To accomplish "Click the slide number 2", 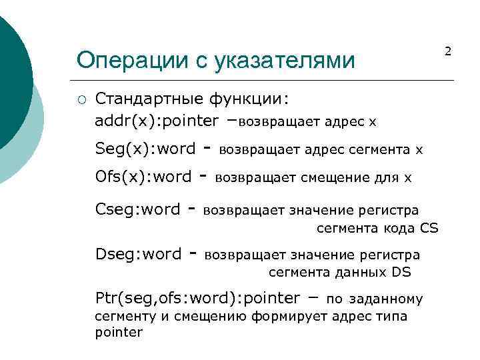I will [x=448, y=51].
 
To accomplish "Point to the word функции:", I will [x=249, y=99].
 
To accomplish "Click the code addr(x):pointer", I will [x=157, y=121].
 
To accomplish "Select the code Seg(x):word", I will [x=145, y=149].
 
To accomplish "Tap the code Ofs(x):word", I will [x=143, y=177].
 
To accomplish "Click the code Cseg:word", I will [x=138, y=209].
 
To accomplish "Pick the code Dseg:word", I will [x=139, y=254].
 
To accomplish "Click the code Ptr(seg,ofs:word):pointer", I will [x=198, y=297].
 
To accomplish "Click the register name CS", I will [x=429, y=229].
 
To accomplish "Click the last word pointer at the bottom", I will [x=119, y=332].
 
